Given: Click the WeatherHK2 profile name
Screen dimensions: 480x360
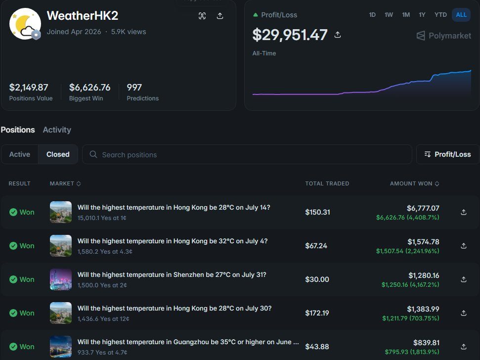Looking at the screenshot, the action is tap(83, 16).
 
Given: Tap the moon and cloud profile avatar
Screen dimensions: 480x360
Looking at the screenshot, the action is tap(25, 24).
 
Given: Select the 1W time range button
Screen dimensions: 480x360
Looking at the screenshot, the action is tap(389, 15).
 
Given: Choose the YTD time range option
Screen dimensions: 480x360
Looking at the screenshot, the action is tap(440, 15).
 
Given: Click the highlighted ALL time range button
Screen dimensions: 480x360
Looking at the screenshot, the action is tap(461, 15).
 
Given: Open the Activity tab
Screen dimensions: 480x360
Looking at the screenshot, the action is tap(57, 130).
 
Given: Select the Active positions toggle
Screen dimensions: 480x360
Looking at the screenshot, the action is tap(20, 154).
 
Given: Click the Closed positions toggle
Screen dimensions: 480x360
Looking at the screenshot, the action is tap(58, 154).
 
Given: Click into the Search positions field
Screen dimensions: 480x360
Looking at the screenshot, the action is tap(247, 154).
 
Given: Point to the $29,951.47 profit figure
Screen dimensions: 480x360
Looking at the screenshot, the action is tap(290, 35).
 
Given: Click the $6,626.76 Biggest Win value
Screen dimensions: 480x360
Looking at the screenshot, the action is tap(89, 87).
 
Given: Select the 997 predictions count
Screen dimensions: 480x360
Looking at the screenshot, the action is tap(134, 87).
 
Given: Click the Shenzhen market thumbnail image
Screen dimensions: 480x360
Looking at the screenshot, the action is tap(61, 279).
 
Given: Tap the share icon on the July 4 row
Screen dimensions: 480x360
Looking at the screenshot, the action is tap(464, 246).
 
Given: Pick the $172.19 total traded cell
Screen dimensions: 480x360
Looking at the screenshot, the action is tap(317, 313).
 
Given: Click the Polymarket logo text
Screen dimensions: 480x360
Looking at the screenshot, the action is tap(450, 36).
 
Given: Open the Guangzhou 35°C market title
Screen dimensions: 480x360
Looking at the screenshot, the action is tap(188, 342).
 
